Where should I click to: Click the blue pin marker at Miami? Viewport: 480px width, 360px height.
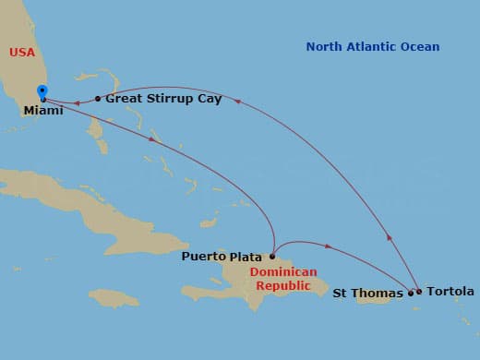pyautogui.click(x=42, y=91)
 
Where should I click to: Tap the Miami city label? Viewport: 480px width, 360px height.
pyautogui.click(x=44, y=110)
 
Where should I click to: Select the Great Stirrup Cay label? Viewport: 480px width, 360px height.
pyautogui.click(x=163, y=98)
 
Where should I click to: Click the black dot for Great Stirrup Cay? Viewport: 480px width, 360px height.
pyautogui.click(x=98, y=98)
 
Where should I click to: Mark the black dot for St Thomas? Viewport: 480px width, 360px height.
pyautogui.click(x=411, y=294)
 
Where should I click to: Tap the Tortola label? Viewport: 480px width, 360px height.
pyautogui.click(x=451, y=292)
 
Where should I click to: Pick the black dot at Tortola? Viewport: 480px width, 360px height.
pyautogui.click(x=419, y=292)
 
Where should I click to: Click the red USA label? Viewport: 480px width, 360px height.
pyautogui.click(x=22, y=53)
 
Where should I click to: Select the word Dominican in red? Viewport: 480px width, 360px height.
pyautogui.click(x=283, y=272)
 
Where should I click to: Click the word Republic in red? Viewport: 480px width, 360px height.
pyautogui.click(x=276, y=285)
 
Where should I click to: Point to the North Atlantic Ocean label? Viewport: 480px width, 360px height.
pyautogui.click(x=373, y=46)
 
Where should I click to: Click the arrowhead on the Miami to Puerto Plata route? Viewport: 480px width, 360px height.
pyautogui.click(x=151, y=138)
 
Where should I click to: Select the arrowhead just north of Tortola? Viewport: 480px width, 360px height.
pyautogui.click(x=390, y=238)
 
